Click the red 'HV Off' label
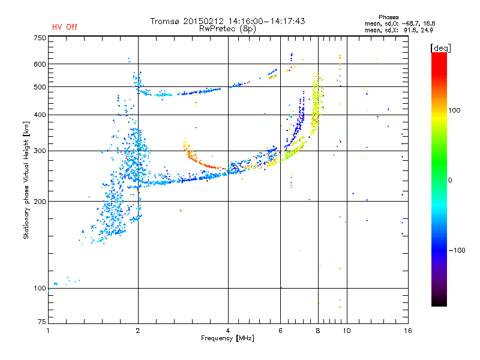65,27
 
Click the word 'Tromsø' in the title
165,21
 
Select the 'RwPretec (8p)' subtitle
227,29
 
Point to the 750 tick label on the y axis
40,38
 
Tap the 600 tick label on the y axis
40,64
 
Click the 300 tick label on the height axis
40,151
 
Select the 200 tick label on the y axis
40,202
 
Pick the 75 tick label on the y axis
42,322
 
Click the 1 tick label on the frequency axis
48,331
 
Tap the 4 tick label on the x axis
228,331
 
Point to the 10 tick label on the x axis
347,331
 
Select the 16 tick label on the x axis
408,331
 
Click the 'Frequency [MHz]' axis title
227,338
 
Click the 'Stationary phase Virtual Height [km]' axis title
26,180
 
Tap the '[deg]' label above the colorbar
440,48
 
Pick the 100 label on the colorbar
454,110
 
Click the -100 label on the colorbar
457,250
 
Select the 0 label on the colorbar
450,181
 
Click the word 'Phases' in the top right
388,17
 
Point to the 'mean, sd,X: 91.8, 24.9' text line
398,31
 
